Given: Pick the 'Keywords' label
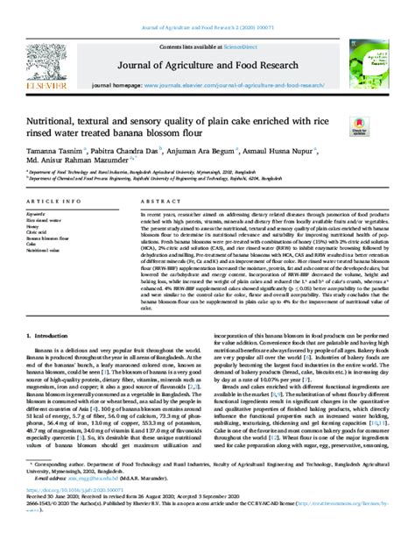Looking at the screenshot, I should pos(41,213).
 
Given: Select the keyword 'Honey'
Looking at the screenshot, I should pos(37,225).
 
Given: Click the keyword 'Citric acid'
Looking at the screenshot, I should pos(40,231).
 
